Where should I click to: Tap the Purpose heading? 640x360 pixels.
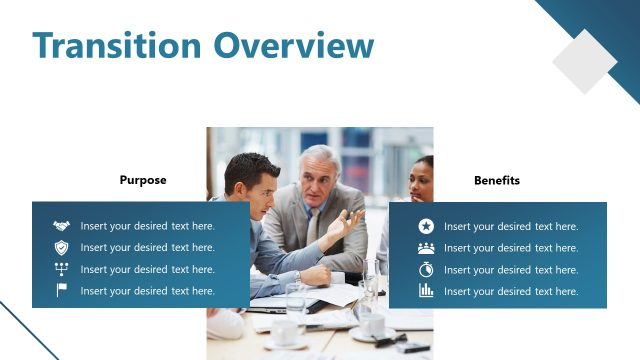[x=143, y=181]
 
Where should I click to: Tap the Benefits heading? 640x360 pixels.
[x=497, y=181]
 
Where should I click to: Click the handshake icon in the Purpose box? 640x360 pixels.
[x=61, y=226]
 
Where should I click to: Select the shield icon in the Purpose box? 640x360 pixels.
[x=61, y=247]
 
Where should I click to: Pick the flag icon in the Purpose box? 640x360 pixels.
[x=61, y=291]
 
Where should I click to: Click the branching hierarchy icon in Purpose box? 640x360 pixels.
[x=61, y=269]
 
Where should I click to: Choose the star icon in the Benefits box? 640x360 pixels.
[x=426, y=226]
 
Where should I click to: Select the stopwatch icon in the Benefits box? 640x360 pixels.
[x=426, y=269]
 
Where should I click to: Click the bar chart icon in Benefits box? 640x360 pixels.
[x=426, y=291]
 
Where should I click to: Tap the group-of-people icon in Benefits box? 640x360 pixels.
[x=426, y=247]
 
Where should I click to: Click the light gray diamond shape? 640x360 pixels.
[x=585, y=61]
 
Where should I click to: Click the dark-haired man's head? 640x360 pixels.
[x=250, y=176]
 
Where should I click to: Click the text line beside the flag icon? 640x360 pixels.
[x=148, y=291]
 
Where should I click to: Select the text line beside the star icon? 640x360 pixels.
[x=511, y=226]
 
